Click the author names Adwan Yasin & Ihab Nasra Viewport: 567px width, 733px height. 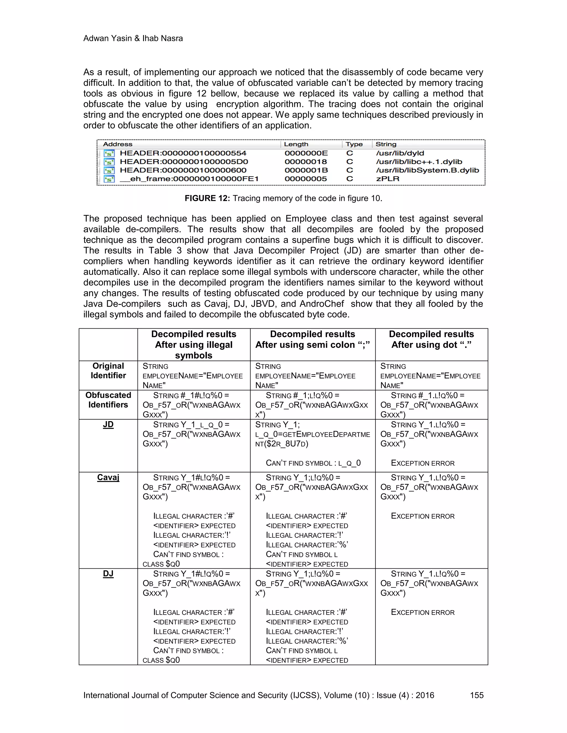click(133, 38)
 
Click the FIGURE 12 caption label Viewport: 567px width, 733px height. click(207, 198)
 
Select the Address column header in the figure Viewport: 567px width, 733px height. click(118, 144)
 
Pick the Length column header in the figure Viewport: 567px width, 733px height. click(296, 144)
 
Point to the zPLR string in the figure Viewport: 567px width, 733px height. click(388, 179)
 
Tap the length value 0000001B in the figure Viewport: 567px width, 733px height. click(306, 170)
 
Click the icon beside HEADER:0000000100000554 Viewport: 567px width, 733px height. click(109, 154)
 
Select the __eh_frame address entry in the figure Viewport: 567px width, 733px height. click(189, 179)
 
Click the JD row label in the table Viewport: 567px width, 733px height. click(108, 425)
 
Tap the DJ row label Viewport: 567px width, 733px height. click(108, 574)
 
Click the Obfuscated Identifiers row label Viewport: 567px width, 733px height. click(108, 400)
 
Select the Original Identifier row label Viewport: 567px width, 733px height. click(108, 371)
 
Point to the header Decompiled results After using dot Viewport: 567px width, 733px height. click(431, 339)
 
